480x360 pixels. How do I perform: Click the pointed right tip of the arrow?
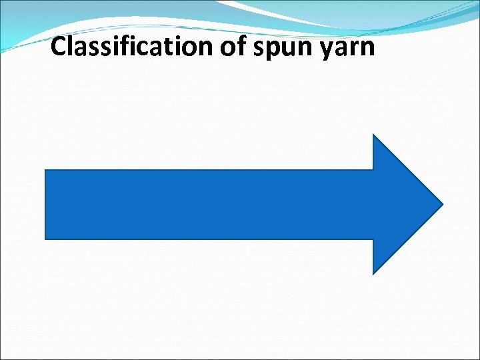pos(442,204)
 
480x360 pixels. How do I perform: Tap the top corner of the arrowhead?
pos(373,135)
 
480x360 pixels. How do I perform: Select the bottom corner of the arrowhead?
pos(373,273)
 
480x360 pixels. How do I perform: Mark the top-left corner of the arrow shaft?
pos(45,170)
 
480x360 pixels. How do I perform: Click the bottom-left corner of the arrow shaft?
pos(45,239)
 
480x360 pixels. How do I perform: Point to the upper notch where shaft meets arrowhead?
pos(373,170)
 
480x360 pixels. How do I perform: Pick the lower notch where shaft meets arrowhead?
pos(373,239)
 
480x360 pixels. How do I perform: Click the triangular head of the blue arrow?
pos(400,204)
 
